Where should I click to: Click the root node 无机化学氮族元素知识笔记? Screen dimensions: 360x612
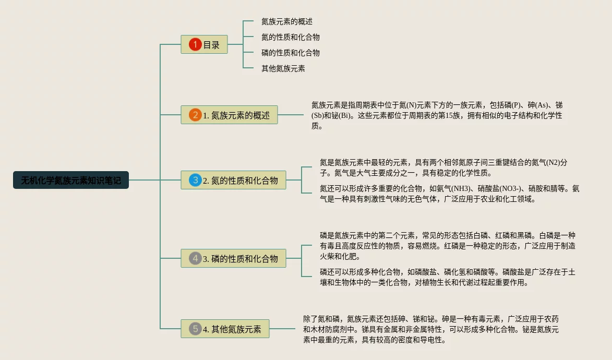(71, 181)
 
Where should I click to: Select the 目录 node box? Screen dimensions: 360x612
(204, 44)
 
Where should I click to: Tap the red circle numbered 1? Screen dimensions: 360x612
(195, 44)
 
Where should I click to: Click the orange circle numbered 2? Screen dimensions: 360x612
(195, 115)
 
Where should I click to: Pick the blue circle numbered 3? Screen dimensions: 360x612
(195, 181)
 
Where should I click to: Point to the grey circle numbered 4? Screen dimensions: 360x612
(195, 258)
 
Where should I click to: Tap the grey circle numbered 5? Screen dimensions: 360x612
(195, 329)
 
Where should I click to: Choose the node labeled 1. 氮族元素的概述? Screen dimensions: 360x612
(229, 115)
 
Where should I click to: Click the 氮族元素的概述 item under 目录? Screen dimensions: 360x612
(286, 22)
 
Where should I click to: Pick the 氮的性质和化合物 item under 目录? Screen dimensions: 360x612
(290, 38)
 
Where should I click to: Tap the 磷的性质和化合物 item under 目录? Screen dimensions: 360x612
(290, 53)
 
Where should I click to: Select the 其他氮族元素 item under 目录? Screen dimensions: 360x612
(283, 68)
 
